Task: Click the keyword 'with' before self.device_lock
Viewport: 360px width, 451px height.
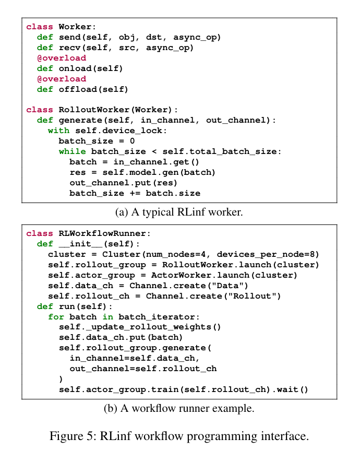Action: pyautogui.click(x=58, y=130)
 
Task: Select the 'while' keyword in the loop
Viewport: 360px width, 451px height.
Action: pyautogui.click(x=72, y=151)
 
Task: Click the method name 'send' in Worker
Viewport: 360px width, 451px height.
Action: pyautogui.click(x=69, y=38)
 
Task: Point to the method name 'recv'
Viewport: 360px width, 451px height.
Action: pyautogui.click(x=69, y=48)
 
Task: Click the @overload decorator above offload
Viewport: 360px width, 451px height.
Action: pyautogui.click(x=62, y=79)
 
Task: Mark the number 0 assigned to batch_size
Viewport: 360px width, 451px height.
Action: pyautogui.click(x=133, y=141)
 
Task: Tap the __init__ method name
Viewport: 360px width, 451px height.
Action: pyautogui.click(x=80, y=244)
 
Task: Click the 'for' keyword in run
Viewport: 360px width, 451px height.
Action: pyautogui.click(x=56, y=317)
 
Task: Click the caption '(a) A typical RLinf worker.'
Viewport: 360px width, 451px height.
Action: pyautogui.click(x=179, y=212)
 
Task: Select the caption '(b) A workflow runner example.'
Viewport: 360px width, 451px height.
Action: pyautogui.click(x=179, y=408)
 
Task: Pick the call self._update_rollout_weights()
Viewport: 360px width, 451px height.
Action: pyautogui.click(x=140, y=327)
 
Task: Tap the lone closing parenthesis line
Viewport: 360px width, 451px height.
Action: pyautogui.click(x=61, y=379)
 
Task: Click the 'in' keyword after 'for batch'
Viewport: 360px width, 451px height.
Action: pyautogui.click(x=108, y=317)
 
